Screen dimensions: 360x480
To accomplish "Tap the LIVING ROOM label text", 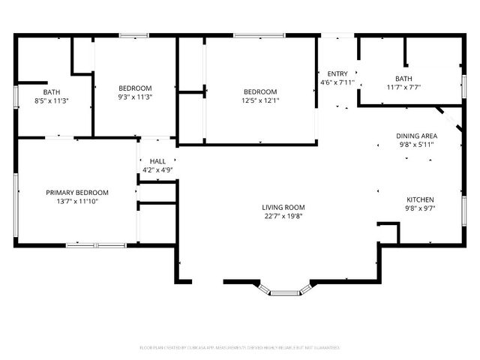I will point(283,207).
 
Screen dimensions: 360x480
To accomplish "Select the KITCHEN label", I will point(420,199).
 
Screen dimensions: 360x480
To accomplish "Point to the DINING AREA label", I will point(416,136).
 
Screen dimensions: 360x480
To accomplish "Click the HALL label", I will point(157,161).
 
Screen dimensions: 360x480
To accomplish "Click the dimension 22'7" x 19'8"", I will point(283,217).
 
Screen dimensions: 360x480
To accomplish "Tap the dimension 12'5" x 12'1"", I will point(259,100).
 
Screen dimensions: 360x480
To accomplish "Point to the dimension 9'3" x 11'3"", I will point(135,97).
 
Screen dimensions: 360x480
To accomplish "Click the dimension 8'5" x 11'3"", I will point(51,100).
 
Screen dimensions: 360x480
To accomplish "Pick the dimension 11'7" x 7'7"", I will point(403,87).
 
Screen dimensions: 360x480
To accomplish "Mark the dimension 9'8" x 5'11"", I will point(416,145).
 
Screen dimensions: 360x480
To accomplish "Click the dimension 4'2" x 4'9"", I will point(157,170).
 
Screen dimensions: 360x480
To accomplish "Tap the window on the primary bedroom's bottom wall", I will point(96,244).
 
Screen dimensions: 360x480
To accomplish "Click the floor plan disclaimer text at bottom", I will point(240,347).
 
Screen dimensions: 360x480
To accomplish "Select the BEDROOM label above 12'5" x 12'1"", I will point(259,91).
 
